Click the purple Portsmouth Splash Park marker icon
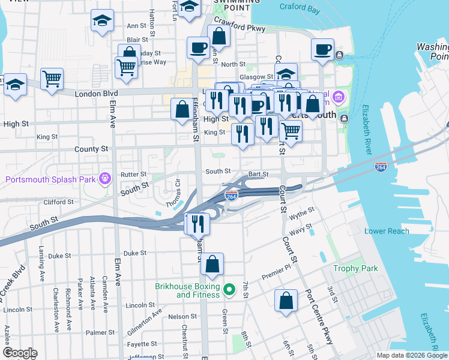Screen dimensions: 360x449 click(106, 178)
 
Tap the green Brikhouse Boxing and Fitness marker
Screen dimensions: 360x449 click(228, 290)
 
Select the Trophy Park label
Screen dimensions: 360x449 click(355, 268)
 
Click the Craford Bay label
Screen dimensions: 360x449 click(301, 7)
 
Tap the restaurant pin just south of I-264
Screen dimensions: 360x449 click(196, 224)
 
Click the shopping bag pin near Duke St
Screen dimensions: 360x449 click(212, 263)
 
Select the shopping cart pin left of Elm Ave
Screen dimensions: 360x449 click(52, 78)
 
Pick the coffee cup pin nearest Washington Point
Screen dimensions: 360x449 click(322, 49)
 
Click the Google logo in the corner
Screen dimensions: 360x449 click(20, 353)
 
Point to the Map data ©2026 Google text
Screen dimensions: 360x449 click(411, 355)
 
